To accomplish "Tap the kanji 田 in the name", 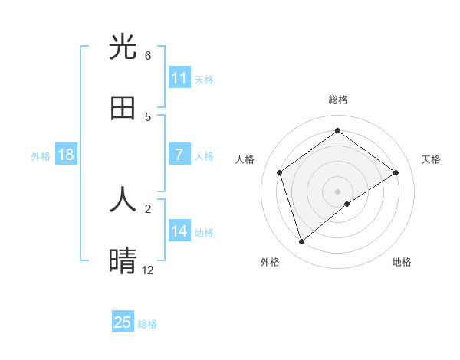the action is pyautogui.click(x=123, y=108).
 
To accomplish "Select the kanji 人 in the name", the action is pyautogui.click(x=123, y=200).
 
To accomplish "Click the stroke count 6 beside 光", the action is pyautogui.click(x=148, y=55).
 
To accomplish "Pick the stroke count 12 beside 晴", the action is pyautogui.click(x=148, y=270).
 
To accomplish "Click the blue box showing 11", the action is pyautogui.click(x=179, y=78).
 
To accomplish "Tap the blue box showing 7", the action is pyautogui.click(x=179, y=155).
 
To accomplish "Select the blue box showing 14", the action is pyautogui.click(x=179, y=231).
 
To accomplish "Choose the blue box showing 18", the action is pyautogui.click(x=66, y=155).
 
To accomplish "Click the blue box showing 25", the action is pyautogui.click(x=123, y=322).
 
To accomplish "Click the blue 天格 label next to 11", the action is pyautogui.click(x=204, y=79).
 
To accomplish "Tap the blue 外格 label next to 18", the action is pyautogui.click(x=41, y=155).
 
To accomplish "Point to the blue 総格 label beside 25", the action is pyautogui.click(x=147, y=324).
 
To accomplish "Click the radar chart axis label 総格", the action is pyautogui.click(x=337, y=100).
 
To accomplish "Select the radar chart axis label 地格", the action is pyautogui.click(x=402, y=262).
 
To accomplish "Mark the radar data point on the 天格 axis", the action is pyautogui.click(x=396, y=172).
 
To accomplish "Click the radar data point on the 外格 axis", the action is pyautogui.click(x=301, y=242).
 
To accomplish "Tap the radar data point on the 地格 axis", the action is pyautogui.click(x=347, y=204).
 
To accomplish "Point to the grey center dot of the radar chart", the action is pyautogui.click(x=337, y=191).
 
